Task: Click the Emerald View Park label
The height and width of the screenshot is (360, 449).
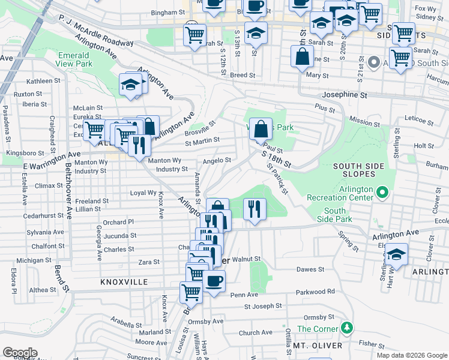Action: [73, 58]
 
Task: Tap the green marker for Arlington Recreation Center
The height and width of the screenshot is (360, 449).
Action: [382, 193]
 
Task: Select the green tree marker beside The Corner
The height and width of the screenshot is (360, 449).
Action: [346, 328]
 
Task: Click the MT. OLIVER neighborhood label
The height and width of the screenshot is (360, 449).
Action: [318, 346]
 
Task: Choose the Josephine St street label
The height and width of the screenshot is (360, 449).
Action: [344, 95]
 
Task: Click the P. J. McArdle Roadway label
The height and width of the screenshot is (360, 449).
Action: [96, 31]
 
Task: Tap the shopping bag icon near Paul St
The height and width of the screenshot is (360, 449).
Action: [260, 128]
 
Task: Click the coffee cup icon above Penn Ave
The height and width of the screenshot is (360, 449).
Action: [214, 280]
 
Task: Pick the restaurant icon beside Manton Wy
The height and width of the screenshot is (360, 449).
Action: [139, 145]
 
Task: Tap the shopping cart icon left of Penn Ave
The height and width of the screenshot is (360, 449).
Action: [191, 292]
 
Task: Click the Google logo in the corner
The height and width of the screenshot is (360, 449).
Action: [20, 352]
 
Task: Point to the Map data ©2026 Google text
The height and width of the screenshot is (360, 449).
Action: [411, 355]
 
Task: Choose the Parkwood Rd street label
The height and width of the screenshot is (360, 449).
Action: [315, 292]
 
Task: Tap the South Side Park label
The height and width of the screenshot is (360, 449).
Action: [335, 215]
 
